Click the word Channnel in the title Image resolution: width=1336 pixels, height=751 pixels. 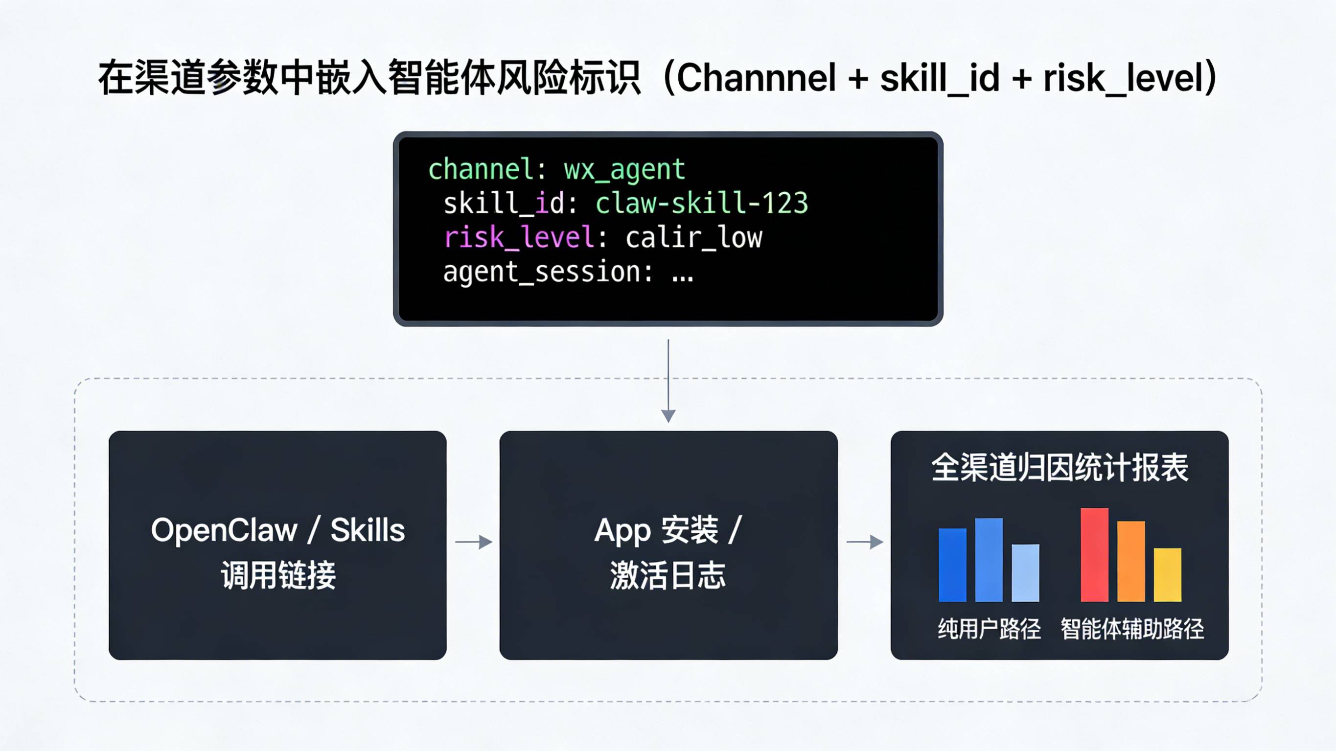coord(756,78)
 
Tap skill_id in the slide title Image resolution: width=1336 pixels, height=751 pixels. coord(939,78)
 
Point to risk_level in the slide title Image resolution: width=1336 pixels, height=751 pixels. coord(1125,78)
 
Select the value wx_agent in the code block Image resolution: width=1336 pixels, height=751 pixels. coord(624,170)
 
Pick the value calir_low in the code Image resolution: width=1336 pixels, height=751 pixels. coord(693,238)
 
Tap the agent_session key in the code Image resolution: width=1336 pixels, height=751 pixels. coord(541,272)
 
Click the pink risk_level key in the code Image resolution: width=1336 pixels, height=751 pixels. coord(519,238)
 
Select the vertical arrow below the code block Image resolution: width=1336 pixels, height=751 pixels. coord(668,381)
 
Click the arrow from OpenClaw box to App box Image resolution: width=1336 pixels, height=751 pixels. coord(474,542)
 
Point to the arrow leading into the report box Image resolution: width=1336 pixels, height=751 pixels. coord(865,542)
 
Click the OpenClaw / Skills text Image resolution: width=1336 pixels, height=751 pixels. coord(277,530)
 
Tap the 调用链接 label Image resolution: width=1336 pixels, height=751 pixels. coord(278,575)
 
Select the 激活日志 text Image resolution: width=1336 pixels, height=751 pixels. coord(668,575)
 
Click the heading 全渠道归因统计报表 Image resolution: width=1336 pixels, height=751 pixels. coord(1059,467)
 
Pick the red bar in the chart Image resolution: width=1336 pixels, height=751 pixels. coord(1094,555)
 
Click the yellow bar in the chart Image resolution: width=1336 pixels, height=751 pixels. coord(1168,575)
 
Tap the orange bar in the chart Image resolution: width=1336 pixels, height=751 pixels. coord(1130,561)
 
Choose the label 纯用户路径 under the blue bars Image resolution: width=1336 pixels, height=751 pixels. coord(989,629)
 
